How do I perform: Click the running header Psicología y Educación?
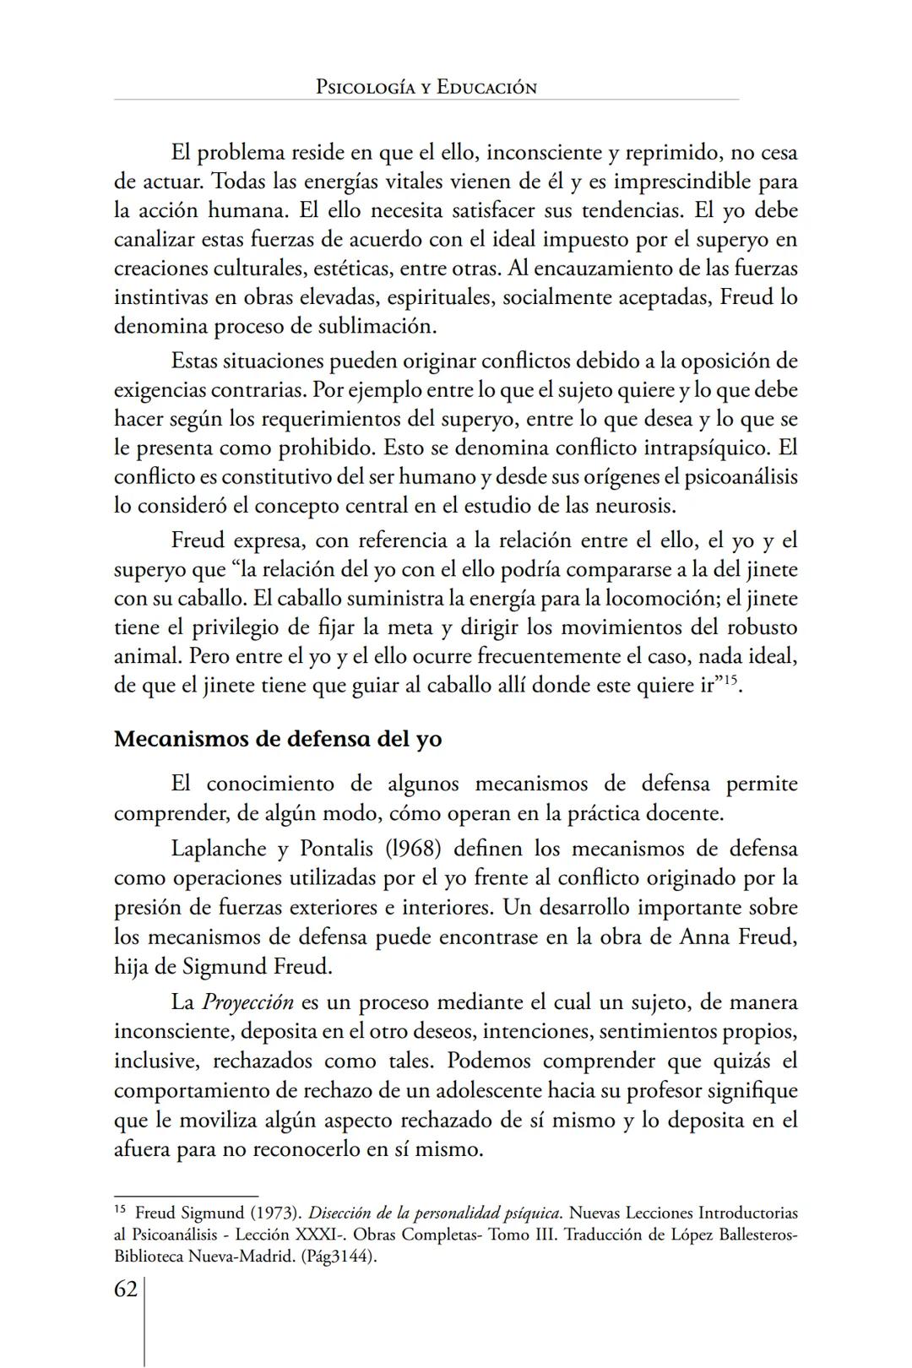pos(426,87)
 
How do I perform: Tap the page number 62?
pos(126,1289)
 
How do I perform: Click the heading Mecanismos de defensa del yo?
pos(278,739)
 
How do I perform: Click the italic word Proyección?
pos(247,1003)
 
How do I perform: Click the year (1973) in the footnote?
pos(272,1213)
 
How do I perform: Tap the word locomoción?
pos(665,599)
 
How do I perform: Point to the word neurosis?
pos(638,507)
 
